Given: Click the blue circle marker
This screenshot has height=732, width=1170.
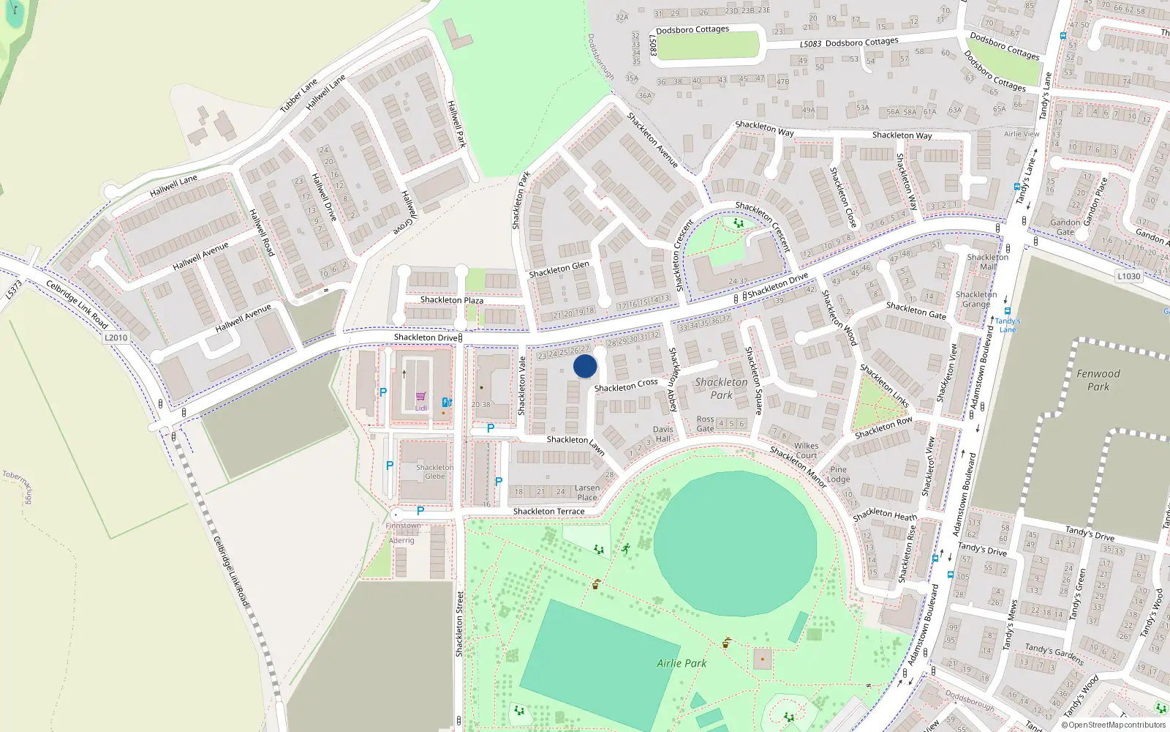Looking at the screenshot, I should pyautogui.click(x=585, y=366).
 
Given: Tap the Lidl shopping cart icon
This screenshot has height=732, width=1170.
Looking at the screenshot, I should pyautogui.click(x=421, y=397).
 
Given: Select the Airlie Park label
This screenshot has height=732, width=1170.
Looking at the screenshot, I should pyautogui.click(x=682, y=663).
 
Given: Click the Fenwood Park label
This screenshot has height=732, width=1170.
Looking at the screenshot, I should pyautogui.click(x=1098, y=380).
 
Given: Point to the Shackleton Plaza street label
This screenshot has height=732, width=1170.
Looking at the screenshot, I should pyautogui.click(x=451, y=300).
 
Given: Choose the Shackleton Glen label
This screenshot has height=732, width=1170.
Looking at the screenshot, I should pyautogui.click(x=559, y=269).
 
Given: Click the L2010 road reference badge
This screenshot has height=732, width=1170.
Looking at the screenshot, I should pyautogui.click(x=116, y=337).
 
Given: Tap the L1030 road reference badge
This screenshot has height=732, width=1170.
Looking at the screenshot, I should pyautogui.click(x=1128, y=276).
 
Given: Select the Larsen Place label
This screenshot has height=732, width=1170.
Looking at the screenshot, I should pyautogui.click(x=586, y=493).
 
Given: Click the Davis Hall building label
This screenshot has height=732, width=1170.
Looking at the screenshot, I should pyautogui.click(x=663, y=434).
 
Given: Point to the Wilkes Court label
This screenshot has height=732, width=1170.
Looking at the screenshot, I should pyautogui.click(x=806, y=450).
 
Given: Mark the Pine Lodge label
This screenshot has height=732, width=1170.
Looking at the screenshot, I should pyautogui.click(x=838, y=474).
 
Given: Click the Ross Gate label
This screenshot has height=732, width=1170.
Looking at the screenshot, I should pyautogui.click(x=705, y=424).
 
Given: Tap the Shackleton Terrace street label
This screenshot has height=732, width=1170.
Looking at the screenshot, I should pyautogui.click(x=548, y=511).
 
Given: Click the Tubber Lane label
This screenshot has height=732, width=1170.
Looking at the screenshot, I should pyautogui.click(x=299, y=95).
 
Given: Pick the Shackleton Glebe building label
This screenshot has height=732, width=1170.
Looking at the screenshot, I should pyautogui.click(x=434, y=471).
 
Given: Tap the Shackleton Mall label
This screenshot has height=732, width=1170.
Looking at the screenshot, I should pyautogui.click(x=987, y=262).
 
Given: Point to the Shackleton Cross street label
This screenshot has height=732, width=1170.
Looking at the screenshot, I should pyautogui.click(x=626, y=385).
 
